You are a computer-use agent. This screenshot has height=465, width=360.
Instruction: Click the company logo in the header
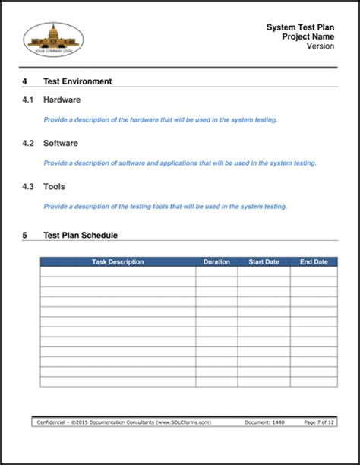tap(54, 39)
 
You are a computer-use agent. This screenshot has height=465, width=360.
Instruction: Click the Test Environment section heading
tap(77, 81)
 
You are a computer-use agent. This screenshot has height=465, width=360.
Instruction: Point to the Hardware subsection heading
tap(62, 100)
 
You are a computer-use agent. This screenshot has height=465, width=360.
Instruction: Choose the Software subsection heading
tap(61, 143)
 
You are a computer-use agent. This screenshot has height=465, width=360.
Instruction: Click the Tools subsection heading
tap(54, 186)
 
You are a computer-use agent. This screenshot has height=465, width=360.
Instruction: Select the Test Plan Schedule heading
tap(81, 236)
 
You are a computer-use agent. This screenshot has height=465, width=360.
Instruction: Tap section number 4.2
tap(28, 143)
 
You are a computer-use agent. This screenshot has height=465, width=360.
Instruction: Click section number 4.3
tap(28, 186)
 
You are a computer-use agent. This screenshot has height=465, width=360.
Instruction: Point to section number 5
tap(25, 236)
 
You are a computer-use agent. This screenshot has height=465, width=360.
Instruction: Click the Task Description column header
tap(118, 262)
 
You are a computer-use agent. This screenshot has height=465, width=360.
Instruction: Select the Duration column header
tap(216, 262)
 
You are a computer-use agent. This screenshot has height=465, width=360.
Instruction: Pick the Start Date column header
tap(264, 262)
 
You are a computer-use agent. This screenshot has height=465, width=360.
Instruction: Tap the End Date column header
tap(314, 262)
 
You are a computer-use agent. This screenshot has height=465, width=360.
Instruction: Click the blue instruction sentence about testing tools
tap(165, 207)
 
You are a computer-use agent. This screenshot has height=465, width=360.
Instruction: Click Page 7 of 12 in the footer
tap(319, 422)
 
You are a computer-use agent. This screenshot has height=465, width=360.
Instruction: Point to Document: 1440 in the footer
tap(265, 422)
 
